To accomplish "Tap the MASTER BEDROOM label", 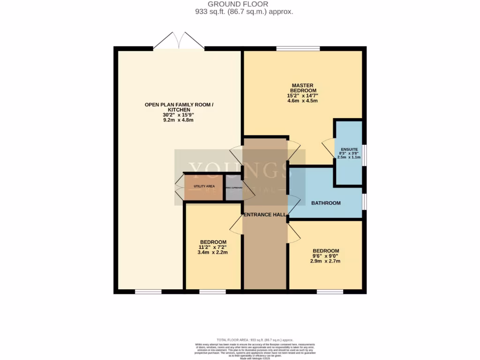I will point(303,88).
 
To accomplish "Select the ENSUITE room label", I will point(349,150).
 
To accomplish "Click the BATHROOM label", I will point(326,203).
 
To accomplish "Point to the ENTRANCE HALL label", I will point(264,215).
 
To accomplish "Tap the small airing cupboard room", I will point(233,187).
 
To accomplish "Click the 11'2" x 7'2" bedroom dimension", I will point(212,247).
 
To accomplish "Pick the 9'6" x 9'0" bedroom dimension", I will point(326,256).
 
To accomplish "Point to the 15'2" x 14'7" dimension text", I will point(303,96).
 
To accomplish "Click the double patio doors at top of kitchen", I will point(179,41).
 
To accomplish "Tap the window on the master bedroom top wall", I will point(298,48).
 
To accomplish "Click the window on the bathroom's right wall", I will point(364,202).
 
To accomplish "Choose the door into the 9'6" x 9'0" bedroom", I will point(294,232).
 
